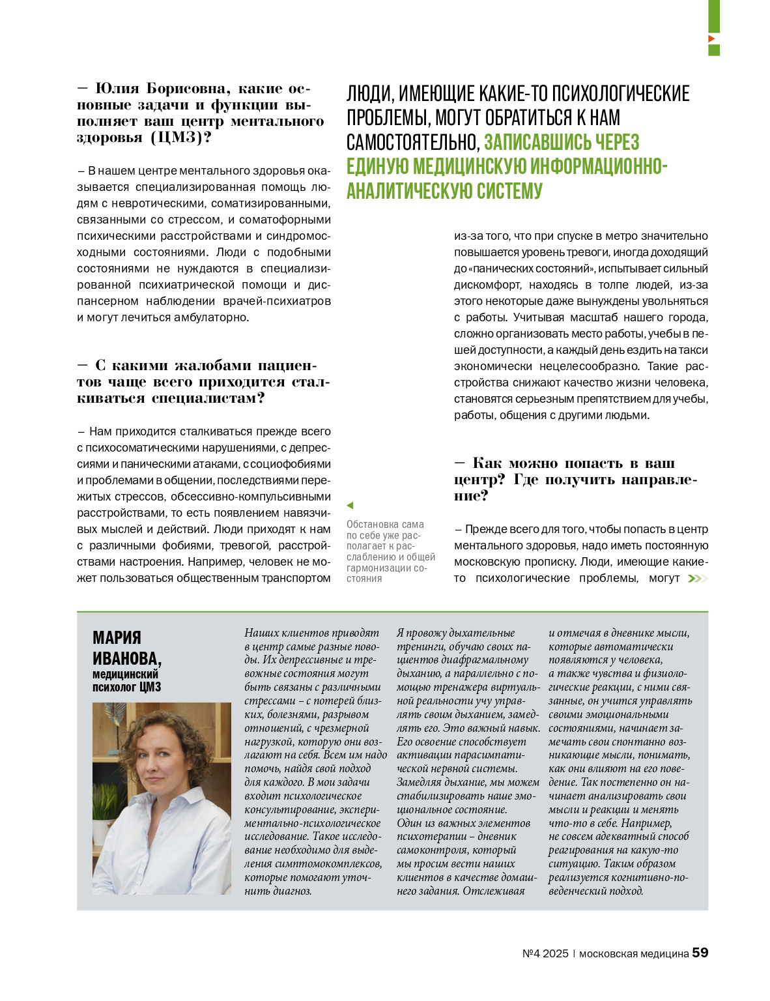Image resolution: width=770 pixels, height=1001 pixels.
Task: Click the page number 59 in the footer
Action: tap(700, 953)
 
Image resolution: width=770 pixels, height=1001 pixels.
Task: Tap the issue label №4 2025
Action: tap(545, 953)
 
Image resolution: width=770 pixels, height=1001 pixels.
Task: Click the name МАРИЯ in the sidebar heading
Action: tap(117, 637)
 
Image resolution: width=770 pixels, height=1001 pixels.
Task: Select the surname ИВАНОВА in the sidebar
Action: tap(126, 658)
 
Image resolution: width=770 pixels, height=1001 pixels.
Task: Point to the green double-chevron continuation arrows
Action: tap(697, 579)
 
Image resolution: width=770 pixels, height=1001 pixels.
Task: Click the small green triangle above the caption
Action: tap(350, 505)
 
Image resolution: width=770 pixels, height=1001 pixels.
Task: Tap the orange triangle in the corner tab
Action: tap(712, 39)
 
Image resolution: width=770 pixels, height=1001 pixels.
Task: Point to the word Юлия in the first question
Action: tap(117, 89)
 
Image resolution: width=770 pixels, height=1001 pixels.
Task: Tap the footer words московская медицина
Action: tap(634, 953)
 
